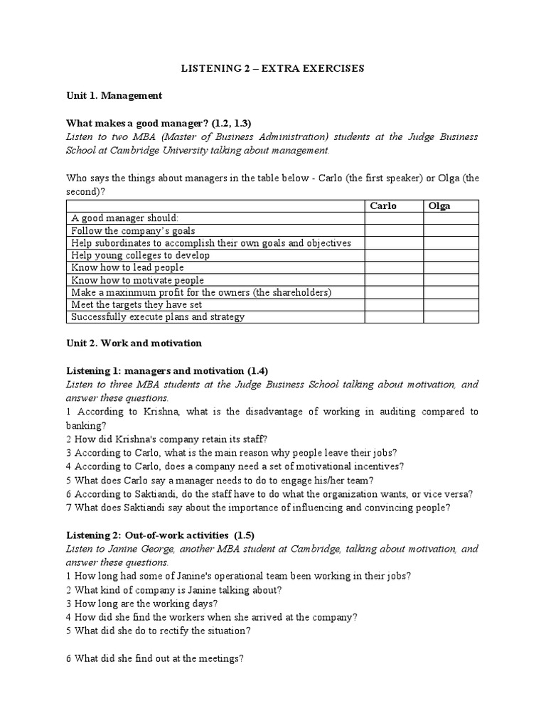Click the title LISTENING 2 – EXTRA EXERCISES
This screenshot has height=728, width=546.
pyautogui.click(x=272, y=68)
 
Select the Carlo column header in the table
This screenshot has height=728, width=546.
pyautogui.click(x=383, y=206)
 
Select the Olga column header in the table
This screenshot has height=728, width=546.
pyautogui.click(x=440, y=206)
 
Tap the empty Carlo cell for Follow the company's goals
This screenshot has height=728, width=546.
pyautogui.click(x=395, y=230)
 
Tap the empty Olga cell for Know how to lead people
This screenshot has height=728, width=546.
pyautogui.click(x=451, y=267)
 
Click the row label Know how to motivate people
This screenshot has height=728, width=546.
pyautogui.click(x=137, y=280)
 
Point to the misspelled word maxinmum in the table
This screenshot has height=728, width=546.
pyautogui.click(x=124, y=292)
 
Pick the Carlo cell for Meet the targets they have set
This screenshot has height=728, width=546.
pyautogui.click(x=395, y=304)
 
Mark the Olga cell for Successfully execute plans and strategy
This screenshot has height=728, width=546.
pyautogui.click(x=451, y=317)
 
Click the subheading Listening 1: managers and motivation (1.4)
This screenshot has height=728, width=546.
pyautogui.click(x=167, y=371)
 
